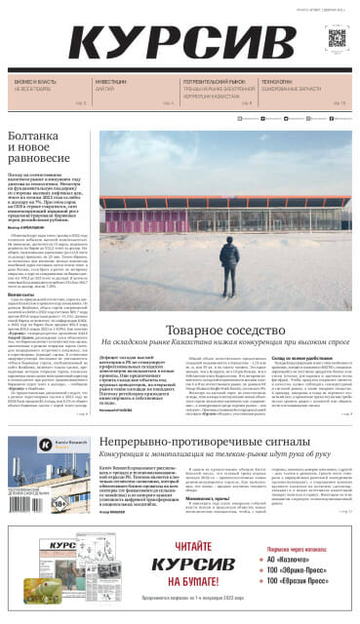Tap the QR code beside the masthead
coord(337,38)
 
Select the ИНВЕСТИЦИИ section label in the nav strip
coord(109,82)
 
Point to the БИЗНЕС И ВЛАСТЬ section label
coord(34,82)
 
